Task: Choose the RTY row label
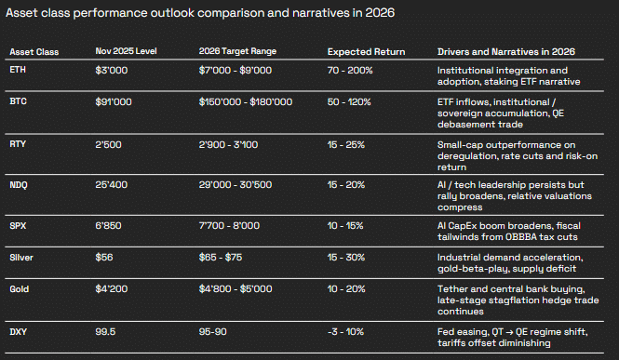18,144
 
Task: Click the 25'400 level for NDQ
112,186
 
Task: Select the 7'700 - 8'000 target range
229,227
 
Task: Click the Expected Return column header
363,50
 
